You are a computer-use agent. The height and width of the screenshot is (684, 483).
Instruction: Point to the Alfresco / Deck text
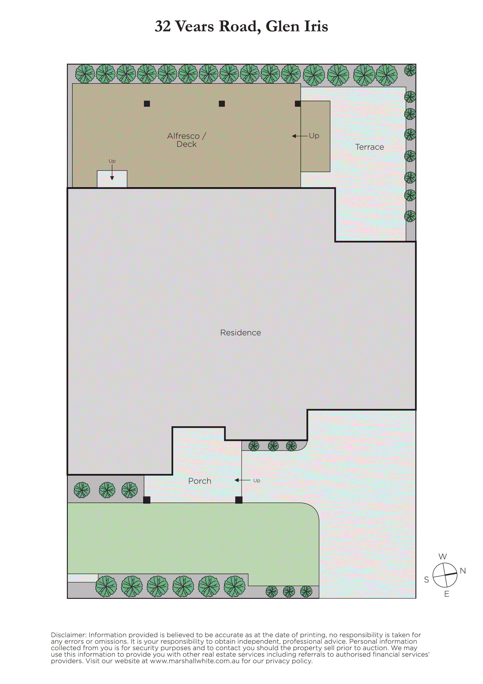coord(187,140)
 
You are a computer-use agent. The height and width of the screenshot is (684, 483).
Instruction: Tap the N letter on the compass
coord(463,571)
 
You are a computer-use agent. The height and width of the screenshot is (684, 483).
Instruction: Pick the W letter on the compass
coord(443,556)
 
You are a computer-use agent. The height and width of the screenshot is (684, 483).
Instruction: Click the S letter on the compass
coord(426,579)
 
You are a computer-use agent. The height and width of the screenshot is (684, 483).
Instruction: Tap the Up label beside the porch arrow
coord(257,480)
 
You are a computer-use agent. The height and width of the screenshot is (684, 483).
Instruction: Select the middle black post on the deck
coord(222,104)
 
